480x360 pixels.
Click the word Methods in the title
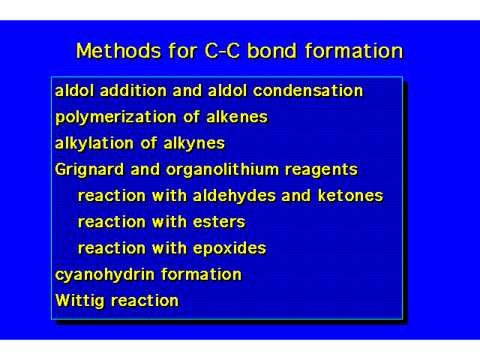118,51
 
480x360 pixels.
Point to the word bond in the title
272,51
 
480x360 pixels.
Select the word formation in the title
354,51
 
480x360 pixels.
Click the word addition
133,91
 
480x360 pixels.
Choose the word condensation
308,91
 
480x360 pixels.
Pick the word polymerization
116,118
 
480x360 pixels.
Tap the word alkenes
237,117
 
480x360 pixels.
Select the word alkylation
94,144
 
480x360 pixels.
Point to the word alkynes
194,144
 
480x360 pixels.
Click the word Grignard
90,170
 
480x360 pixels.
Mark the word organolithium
223,170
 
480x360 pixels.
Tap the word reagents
322,170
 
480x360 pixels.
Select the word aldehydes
235,196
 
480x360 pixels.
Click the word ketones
350,196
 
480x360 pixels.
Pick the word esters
219,222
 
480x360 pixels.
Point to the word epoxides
230,248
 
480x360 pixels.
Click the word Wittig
80,301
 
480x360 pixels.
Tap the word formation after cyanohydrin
202,274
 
